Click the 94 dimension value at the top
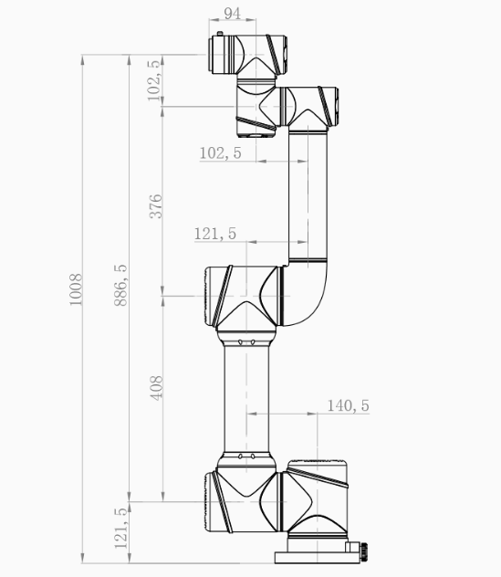(232, 14)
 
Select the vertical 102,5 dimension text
(153, 79)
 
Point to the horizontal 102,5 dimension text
(220, 153)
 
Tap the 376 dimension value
(156, 206)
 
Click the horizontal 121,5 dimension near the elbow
(214, 234)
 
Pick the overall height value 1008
(76, 289)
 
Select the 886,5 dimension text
(120, 285)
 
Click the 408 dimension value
(156, 388)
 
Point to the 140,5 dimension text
(348, 405)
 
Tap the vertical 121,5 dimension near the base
(120, 528)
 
